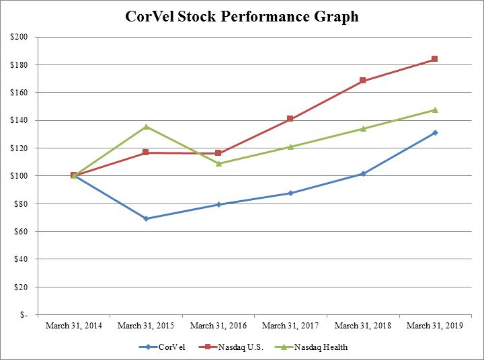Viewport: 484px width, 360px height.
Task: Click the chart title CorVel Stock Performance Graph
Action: [242, 17]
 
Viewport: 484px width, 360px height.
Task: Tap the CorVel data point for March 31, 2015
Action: [146, 218]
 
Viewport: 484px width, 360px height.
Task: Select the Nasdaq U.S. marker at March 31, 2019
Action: [435, 59]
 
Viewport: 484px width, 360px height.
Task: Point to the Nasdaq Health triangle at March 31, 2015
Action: [146, 126]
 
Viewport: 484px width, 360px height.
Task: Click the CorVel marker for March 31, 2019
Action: [435, 132]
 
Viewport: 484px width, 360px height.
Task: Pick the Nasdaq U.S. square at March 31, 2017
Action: [290, 119]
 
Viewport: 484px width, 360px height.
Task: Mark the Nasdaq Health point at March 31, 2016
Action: [218, 163]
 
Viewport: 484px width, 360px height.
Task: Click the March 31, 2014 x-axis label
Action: [73, 326]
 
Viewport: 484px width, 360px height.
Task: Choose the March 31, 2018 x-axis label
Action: [362, 326]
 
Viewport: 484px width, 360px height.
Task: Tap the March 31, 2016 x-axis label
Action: [218, 326]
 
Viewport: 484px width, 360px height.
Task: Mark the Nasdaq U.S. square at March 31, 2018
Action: [363, 81]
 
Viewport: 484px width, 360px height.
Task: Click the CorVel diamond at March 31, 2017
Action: [290, 193]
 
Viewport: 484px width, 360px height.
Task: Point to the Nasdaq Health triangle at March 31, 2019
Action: [435, 109]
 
